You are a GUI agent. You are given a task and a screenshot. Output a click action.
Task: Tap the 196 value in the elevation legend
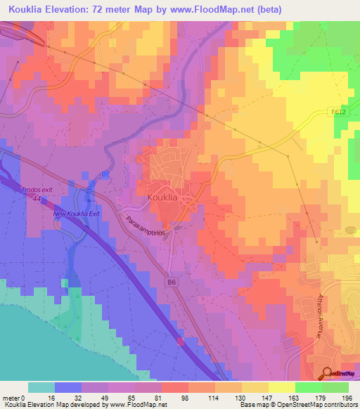point(346,397)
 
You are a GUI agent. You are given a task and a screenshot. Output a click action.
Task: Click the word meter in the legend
point(12,397)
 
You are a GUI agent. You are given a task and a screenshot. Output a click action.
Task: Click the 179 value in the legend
point(319,397)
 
